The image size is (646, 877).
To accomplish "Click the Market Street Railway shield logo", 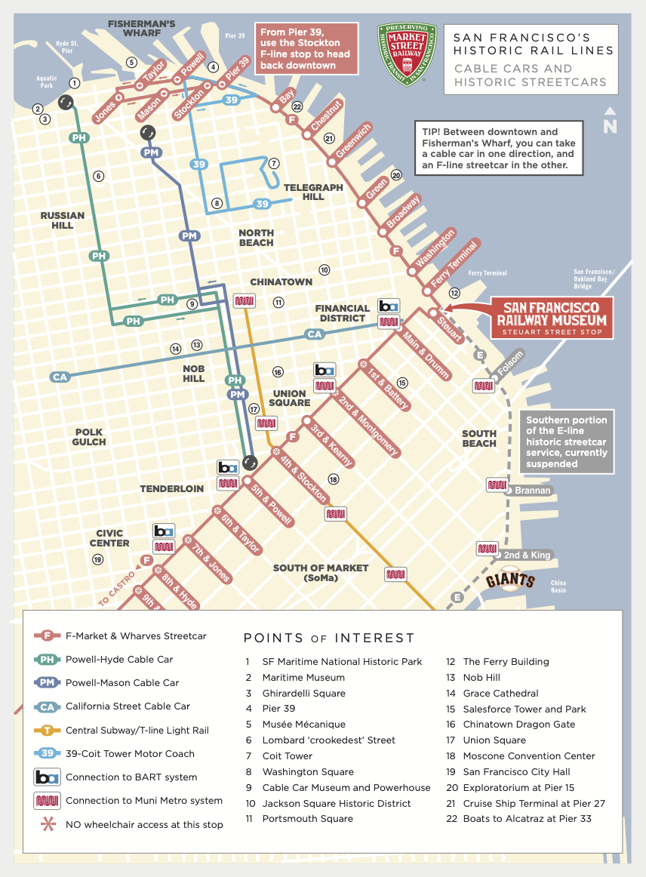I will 407,54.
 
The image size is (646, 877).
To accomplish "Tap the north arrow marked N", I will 610,121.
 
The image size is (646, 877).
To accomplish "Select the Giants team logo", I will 510,581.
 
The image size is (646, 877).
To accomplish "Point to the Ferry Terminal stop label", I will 454,263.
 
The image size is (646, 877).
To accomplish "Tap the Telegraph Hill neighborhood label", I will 313,192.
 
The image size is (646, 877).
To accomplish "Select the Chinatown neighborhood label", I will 281,282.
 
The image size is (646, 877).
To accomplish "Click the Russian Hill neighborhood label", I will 63,220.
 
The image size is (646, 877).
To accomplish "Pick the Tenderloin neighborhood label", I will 171,489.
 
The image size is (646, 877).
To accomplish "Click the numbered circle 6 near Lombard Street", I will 98,176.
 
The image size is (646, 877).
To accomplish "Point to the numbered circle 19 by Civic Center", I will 97,559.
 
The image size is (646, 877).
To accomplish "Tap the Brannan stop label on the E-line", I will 533,491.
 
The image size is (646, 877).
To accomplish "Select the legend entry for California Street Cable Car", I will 128,706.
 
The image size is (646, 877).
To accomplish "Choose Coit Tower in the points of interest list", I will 287,756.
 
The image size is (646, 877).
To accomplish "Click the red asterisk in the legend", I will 48,824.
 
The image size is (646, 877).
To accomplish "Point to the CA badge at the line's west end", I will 60,377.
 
